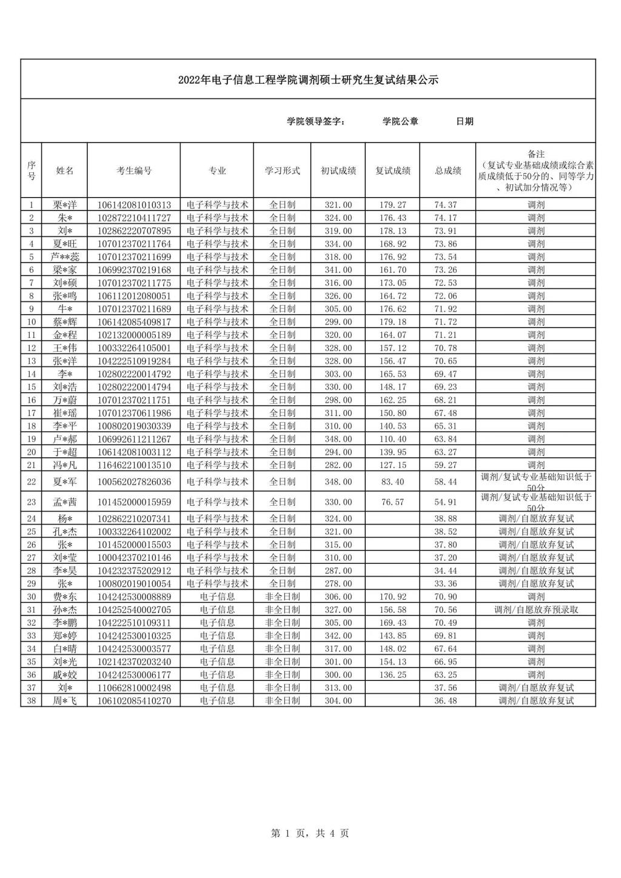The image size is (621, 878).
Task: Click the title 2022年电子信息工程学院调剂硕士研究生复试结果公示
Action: click(x=308, y=80)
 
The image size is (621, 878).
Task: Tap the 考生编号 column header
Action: click(x=134, y=171)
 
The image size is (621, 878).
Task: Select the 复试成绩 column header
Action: click(x=392, y=171)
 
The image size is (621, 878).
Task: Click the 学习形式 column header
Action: click(x=282, y=171)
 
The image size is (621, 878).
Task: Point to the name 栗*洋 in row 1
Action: click(x=65, y=205)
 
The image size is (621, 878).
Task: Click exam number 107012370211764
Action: click(x=134, y=244)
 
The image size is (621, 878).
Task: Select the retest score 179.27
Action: click(x=392, y=205)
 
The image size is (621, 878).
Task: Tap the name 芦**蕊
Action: click(x=65, y=257)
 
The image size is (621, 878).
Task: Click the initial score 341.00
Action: click(x=338, y=270)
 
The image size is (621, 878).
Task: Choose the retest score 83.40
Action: click(x=392, y=482)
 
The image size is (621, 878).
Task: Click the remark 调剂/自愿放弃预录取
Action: click(x=536, y=609)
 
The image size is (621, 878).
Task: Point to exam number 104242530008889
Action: click(x=134, y=597)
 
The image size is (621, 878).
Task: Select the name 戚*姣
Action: click(x=65, y=674)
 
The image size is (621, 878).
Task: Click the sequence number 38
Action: click(x=32, y=700)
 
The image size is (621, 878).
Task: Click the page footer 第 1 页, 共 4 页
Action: click(x=310, y=833)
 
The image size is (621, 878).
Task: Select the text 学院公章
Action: click(x=400, y=121)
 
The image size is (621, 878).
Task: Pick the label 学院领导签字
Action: click(x=316, y=121)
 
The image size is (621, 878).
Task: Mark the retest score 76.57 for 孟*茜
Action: click(x=392, y=502)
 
